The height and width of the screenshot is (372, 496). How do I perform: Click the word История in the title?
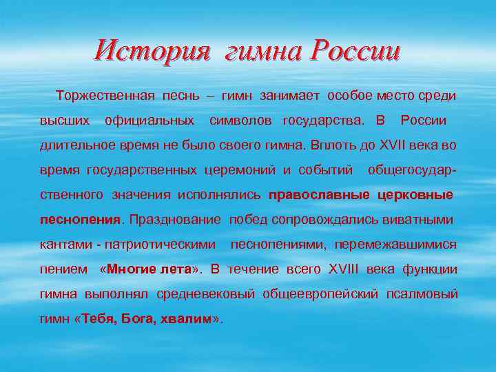(x=152, y=50)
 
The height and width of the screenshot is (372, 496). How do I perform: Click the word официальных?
(x=149, y=121)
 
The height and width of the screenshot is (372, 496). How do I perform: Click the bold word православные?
(x=320, y=195)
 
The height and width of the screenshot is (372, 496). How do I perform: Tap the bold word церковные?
(x=415, y=195)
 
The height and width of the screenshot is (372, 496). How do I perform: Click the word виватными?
(x=422, y=220)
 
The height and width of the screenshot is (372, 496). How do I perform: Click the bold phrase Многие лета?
(x=145, y=269)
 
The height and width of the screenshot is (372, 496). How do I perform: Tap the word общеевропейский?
(x=320, y=294)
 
